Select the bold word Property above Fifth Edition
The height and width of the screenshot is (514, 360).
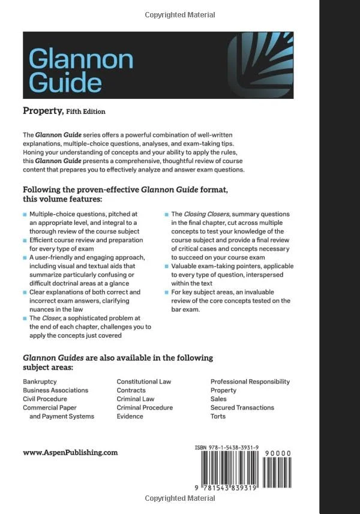pos(43,110)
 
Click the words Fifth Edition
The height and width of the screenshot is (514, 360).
pos(85,112)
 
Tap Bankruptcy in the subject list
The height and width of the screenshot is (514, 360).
pos(42,381)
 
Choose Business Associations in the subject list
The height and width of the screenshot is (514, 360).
pos(55,390)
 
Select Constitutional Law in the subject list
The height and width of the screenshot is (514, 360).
pos(143,381)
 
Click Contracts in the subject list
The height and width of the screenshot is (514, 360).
pos(131,390)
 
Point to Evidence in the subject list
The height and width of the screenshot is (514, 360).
pos(130,416)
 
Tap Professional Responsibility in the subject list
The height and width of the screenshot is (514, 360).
pos(250,381)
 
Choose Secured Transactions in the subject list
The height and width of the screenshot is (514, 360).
pos(242,407)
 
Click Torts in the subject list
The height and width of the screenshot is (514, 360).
pos(218,416)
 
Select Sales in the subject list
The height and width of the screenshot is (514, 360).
pos(218,399)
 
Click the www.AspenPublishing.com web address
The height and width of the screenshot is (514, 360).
pos(70,453)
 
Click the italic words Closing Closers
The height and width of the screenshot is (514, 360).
pos(203,214)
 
